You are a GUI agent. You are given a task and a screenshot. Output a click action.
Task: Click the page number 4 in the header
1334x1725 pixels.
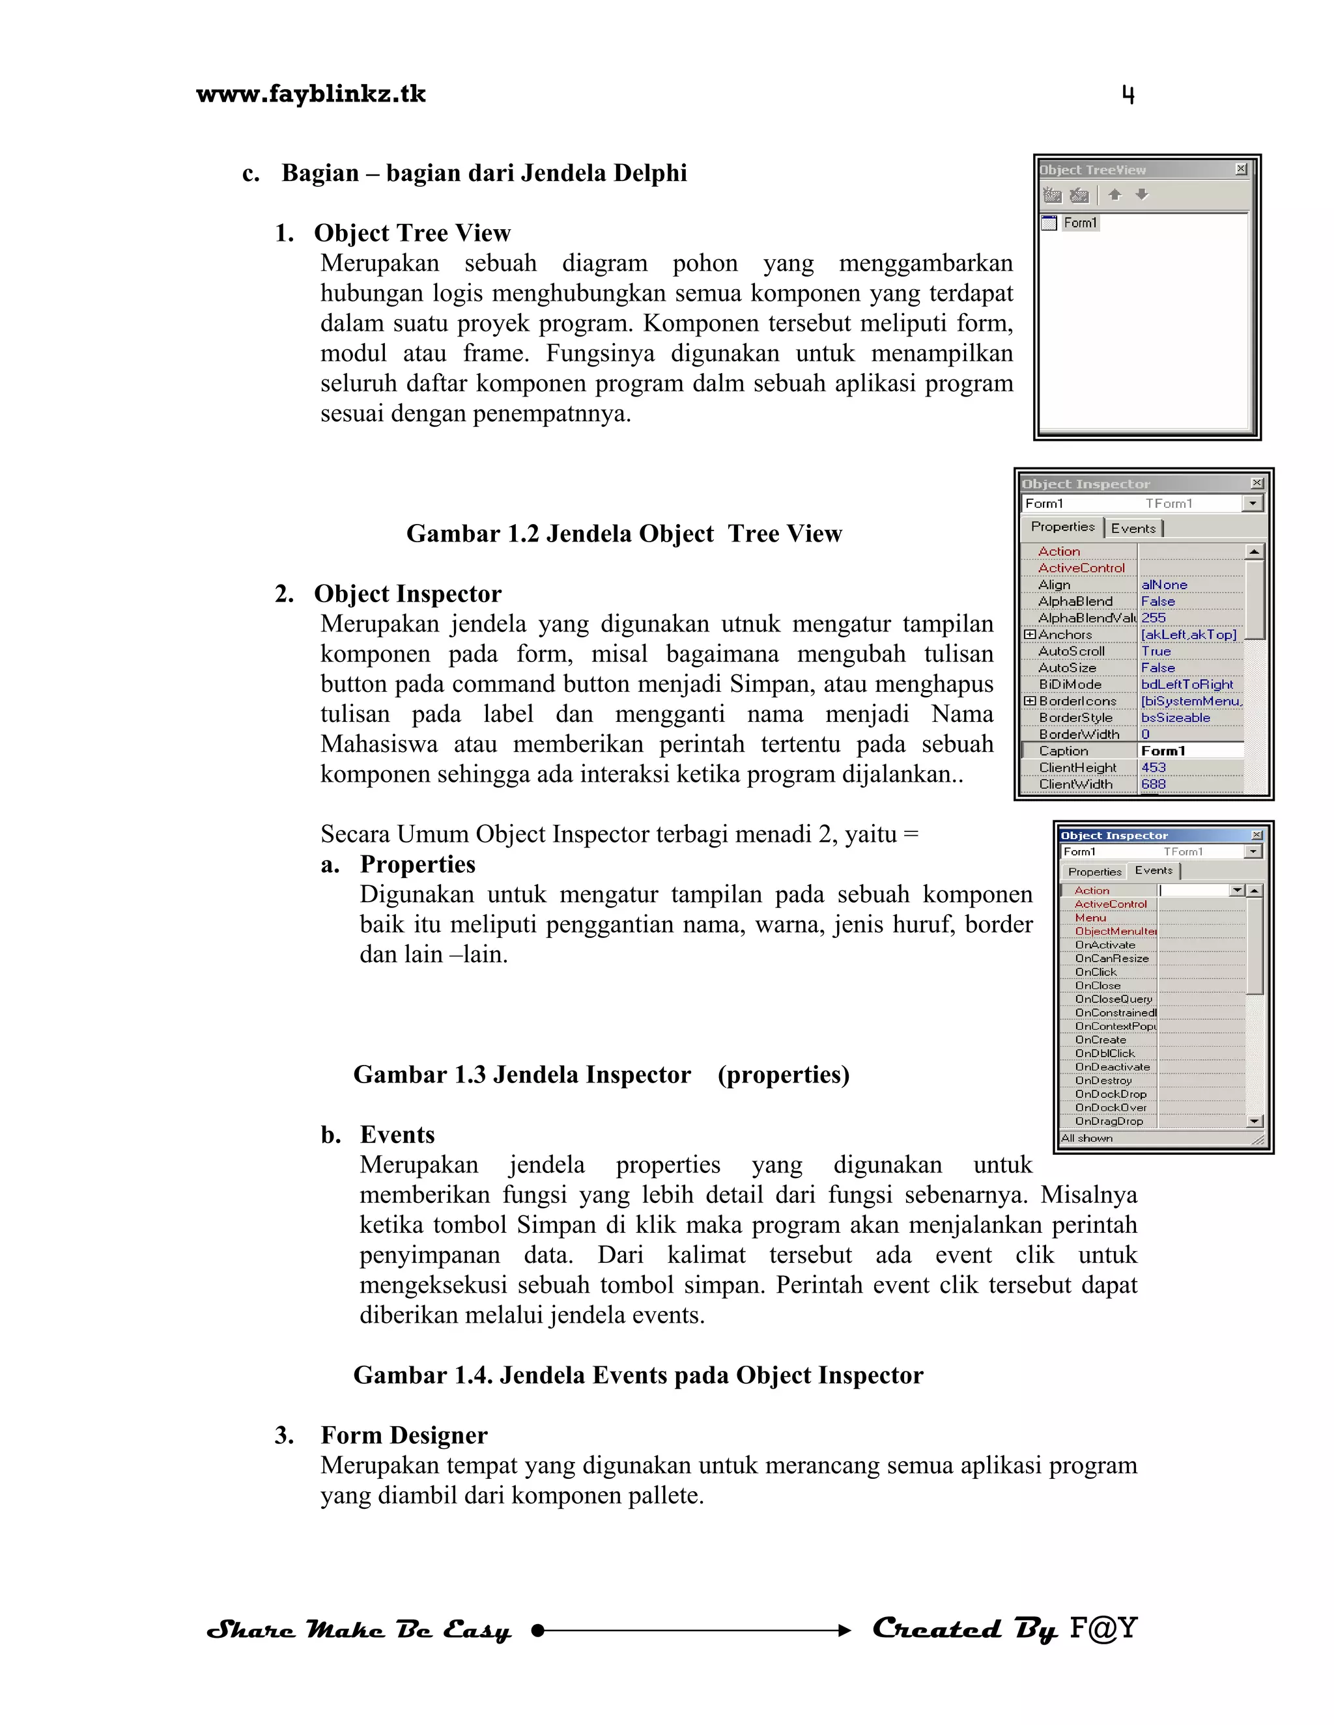(1128, 95)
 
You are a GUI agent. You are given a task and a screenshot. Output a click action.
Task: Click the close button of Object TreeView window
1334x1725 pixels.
(1241, 169)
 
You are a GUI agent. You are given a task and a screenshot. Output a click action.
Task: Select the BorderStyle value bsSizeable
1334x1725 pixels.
(1175, 717)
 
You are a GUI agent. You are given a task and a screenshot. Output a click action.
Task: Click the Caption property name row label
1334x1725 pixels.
(1063, 751)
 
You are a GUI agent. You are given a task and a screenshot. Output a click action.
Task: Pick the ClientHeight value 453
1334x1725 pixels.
(1153, 767)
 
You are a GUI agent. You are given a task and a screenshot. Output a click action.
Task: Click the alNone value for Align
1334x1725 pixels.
(1163, 585)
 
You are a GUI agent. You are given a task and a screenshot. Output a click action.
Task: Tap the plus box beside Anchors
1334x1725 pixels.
(1030, 634)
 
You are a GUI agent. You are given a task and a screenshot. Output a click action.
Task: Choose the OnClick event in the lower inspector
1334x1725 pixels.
(1096, 971)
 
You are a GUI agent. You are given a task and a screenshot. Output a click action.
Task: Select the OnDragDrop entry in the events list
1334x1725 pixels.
(1109, 1121)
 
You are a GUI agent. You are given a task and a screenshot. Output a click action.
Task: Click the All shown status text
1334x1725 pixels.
(1086, 1138)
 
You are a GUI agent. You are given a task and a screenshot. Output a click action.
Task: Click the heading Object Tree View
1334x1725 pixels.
(412, 233)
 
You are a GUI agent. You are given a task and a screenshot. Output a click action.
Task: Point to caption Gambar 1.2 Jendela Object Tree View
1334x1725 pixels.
(623, 534)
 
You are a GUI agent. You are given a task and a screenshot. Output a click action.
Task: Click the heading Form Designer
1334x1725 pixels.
(404, 1435)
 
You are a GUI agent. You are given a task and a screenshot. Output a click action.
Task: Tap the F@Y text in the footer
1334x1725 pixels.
(1103, 1628)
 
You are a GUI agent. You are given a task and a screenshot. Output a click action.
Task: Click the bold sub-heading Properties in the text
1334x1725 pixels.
(418, 864)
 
